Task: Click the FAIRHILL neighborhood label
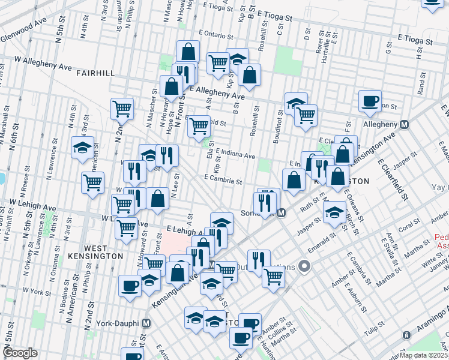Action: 96,73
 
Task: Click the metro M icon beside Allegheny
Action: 405,124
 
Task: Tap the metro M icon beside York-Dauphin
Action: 146,323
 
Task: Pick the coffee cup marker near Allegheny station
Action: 370,100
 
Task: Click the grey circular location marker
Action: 305,266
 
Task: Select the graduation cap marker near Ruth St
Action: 334,211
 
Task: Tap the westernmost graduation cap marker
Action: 83,148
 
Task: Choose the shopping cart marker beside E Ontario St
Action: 218,62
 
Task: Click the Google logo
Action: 20,353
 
